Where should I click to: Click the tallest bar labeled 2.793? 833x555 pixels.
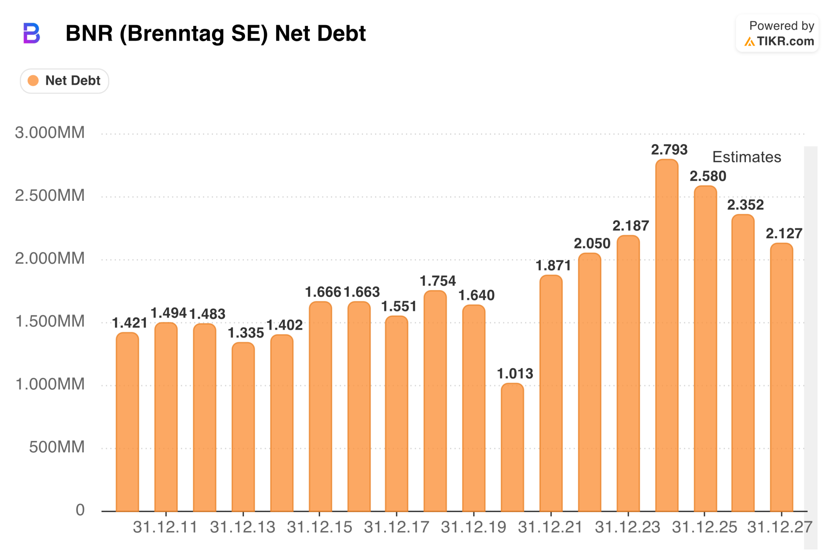pyautogui.click(x=666, y=336)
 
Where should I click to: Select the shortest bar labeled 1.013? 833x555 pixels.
pyautogui.click(x=512, y=448)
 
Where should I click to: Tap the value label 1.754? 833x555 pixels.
pyautogui.click(x=438, y=281)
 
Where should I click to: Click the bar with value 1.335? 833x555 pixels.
pyautogui.click(x=243, y=427)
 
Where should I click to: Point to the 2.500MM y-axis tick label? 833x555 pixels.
pyautogui.click(x=50, y=195)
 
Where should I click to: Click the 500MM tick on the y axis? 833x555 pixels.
pyautogui.click(x=57, y=447)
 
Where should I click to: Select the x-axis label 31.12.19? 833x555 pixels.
pyautogui.click(x=473, y=527)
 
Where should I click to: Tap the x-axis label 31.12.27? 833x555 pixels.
pyautogui.click(x=780, y=527)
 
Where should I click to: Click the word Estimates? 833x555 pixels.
pyautogui.click(x=747, y=157)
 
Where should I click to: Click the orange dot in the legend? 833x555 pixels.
pyautogui.click(x=33, y=81)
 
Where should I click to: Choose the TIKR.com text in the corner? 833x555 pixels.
pyautogui.click(x=785, y=41)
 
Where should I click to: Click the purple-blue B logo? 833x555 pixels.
pyautogui.click(x=32, y=33)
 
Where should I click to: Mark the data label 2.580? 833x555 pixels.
pyautogui.click(x=708, y=176)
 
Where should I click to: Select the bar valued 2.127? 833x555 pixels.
pyautogui.click(x=781, y=377)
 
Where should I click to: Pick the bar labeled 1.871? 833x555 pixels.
pyautogui.click(x=551, y=393)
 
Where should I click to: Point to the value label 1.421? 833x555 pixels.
pyautogui.click(x=129, y=323)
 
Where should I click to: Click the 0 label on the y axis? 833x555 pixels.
pyautogui.click(x=80, y=510)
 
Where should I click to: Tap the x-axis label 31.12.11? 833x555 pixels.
pyautogui.click(x=165, y=527)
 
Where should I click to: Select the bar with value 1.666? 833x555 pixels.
pyautogui.click(x=320, y=407)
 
